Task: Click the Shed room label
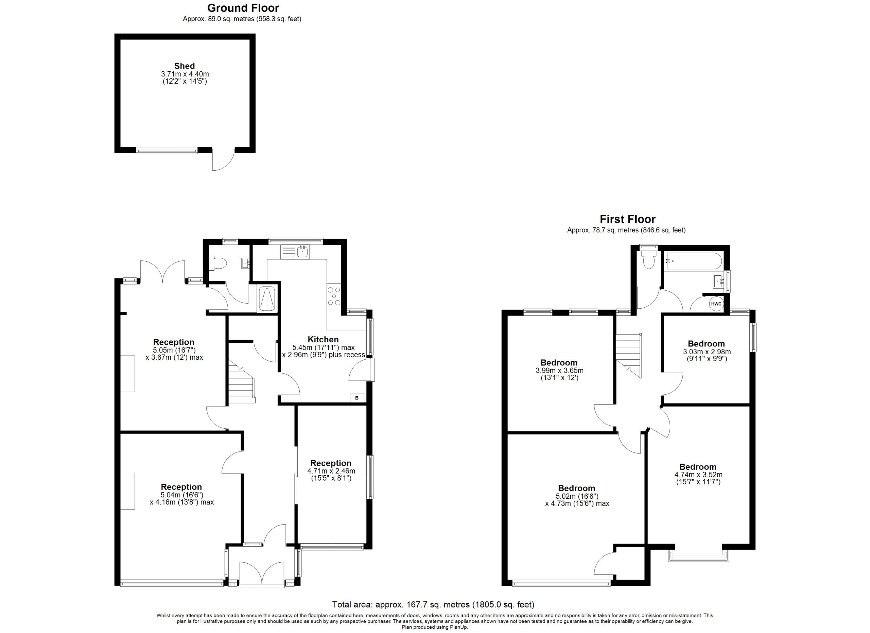pos(185,66)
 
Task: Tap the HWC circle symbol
pos(716,304)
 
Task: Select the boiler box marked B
pos(357,398)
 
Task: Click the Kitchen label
pos(323,340)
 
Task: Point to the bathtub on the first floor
pos(694,260)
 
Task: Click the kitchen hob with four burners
pos(334,296)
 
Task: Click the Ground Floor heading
pos(243,8)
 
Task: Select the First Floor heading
pos(628,219)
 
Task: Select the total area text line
pos(433,604)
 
